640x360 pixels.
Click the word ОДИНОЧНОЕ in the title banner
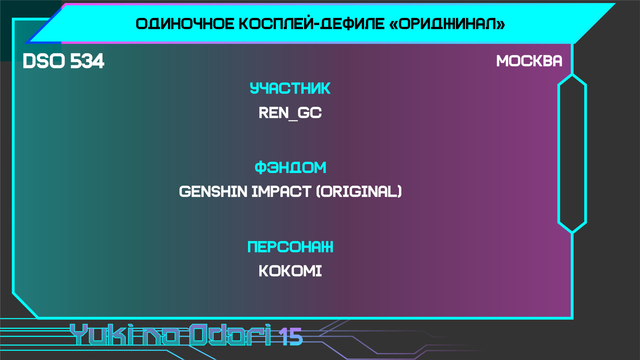point(185,24)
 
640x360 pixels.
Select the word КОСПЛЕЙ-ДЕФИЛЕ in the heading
point(312,24)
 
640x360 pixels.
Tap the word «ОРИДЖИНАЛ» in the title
point(447,24)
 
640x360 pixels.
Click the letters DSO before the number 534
point(44,61)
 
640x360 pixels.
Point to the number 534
point(87,61)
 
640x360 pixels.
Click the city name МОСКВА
point(529,61)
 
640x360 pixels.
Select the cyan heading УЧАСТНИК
point(290,88)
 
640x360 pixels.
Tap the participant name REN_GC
point(290,113)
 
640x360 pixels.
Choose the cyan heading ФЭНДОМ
point(290,167)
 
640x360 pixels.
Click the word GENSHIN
point(213,192)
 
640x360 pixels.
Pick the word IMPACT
point(281,192)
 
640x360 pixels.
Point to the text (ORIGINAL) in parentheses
point(359,192)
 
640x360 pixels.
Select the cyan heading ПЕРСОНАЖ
point(290,247)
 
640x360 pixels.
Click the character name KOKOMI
point(290,271)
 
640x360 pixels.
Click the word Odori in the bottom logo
point(230,334)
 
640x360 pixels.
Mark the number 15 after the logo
point(291,337)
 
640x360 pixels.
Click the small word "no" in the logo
point(161,337)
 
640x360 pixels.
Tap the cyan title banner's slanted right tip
point(615,4)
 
